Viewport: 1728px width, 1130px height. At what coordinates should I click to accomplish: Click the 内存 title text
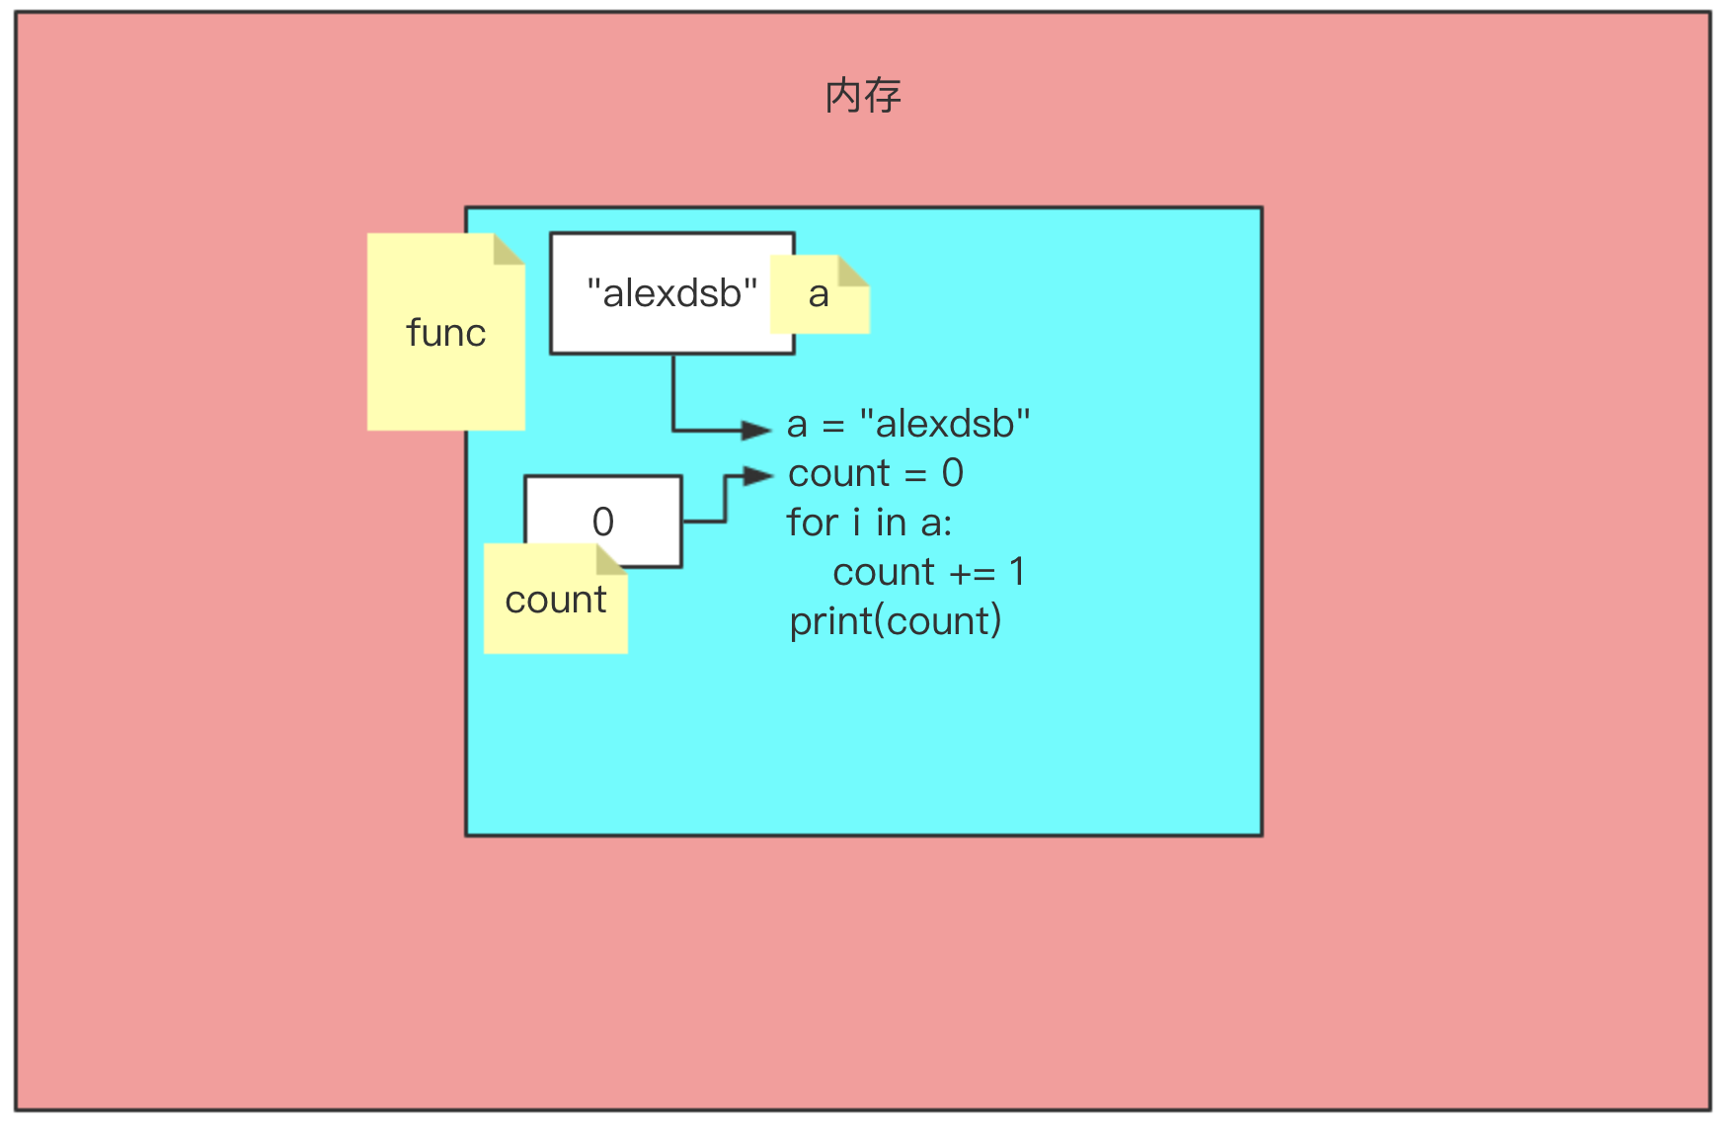pos(863,96)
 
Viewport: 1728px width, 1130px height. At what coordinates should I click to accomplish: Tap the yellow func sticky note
pos(446,332)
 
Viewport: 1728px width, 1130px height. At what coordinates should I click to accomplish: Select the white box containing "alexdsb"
pos(672,293)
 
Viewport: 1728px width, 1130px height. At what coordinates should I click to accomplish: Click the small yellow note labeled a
pos(820,294)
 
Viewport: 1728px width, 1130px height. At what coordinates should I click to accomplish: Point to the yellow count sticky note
pos(556,599)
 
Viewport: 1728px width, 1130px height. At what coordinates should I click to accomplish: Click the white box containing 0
pos(603,522)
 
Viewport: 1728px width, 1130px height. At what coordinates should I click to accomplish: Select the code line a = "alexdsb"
pos(908,424)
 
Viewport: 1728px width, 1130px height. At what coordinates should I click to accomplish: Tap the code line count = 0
pos(876,473)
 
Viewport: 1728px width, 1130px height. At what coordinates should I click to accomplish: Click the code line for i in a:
pos(870,523)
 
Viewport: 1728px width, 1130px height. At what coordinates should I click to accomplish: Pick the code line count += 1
pos(929,572)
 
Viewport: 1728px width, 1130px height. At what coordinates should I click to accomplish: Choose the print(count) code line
pos(896,621)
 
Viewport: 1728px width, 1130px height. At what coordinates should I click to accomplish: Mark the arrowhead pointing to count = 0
pos(758,476)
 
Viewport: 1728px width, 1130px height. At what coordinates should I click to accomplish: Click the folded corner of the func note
pos(510,249)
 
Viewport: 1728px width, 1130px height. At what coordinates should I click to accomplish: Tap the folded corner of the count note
pos(612,559)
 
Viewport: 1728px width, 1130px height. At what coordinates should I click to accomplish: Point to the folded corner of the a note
pos(854,271)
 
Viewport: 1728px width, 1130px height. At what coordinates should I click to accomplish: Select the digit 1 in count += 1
pos(1017,572)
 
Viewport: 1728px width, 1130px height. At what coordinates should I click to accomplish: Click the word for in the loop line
pos(813,523)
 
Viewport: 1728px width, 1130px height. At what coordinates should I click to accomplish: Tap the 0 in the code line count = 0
pos(953,473)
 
